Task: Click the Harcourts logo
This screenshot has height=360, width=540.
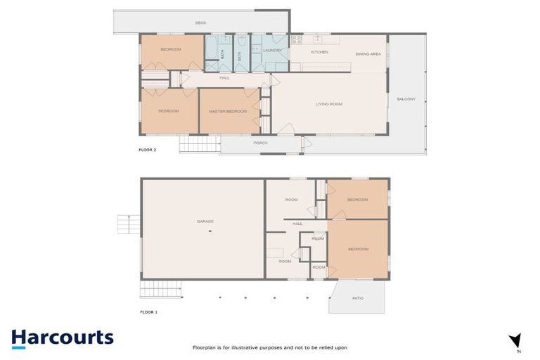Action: pyautogui.click(x=62, y=338)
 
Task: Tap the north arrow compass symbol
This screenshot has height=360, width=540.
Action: pyautogui.click(x=515, y=341)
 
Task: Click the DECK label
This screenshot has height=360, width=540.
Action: pyautogui.click(x=200, y=23)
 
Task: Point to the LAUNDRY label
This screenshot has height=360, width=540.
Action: pyautogui.click(x=271, y=50)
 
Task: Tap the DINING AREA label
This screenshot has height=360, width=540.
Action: pyautogui.click(x=368, y=53)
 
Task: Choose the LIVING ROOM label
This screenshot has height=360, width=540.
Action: pyautogui.click(x=328, y=104)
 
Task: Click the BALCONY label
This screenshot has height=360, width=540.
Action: pyautogui.click(x=406, y=99)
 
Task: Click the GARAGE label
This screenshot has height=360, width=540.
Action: pyautogui.click(x=205, y=221)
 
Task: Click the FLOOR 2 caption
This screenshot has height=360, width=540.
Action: pyautogui.click(x=148, y=150)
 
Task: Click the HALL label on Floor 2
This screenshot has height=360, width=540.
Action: pyautogui.click(x=224, y=77)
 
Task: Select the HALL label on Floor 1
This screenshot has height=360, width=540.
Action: pyautogui.click(x=297, y=224)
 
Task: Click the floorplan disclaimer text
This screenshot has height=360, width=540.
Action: pyautogui.click(x=270, y=347)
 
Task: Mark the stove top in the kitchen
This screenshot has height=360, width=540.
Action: pyautogui.click(x=297, y=39)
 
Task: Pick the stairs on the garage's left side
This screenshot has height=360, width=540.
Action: pyautogui.click(x=124, y=224)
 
